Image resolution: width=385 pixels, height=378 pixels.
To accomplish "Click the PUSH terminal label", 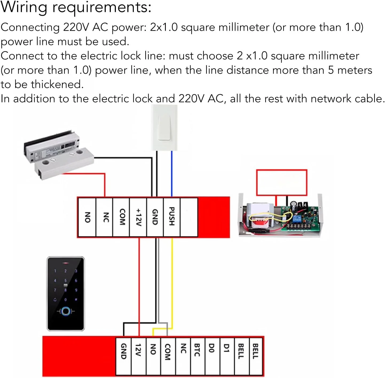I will pos(172,217).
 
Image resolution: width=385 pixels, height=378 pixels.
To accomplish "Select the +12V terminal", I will pos(138,217).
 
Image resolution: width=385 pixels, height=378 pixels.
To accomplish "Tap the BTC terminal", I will pos(197,350).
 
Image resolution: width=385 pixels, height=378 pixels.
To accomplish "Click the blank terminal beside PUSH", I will pos(189,217).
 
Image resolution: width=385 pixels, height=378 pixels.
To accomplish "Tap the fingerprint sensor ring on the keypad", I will pos(66,311).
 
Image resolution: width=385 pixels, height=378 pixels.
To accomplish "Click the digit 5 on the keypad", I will pos(65,280).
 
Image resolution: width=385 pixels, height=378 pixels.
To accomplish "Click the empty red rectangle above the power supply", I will pos(282,182).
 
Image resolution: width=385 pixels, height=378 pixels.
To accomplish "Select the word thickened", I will pos(57,85).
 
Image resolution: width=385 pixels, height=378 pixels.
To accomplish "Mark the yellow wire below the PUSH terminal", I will pos(172,280).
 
